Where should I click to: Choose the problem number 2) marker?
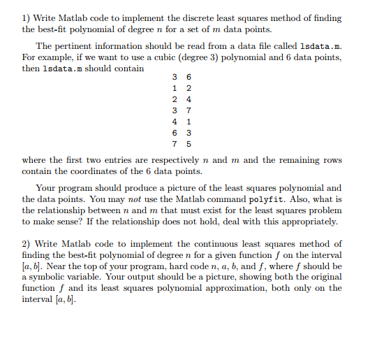coord(27,245)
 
